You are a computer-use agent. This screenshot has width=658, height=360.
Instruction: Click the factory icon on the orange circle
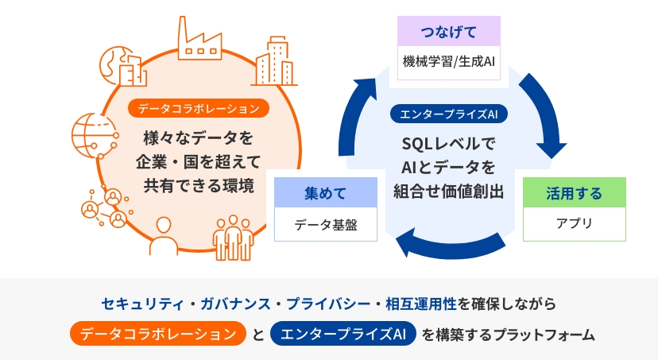(x=199, y=39)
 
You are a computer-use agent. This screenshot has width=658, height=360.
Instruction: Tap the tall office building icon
(x=274, y=61)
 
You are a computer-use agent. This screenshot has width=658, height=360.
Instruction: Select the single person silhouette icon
(x=163, y=236)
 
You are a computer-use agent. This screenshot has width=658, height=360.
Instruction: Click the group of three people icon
(x=233, y=238)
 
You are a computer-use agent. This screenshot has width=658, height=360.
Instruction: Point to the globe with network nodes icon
(x=95, y=135)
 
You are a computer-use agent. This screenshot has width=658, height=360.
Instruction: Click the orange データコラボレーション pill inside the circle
(x=199, y=108)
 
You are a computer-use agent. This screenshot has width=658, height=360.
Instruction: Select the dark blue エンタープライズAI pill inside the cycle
(x=448, y=114)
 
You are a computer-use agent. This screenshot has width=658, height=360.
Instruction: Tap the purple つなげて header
(x=448, y=32)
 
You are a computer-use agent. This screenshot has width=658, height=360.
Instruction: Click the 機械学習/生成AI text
(x=448, y=62)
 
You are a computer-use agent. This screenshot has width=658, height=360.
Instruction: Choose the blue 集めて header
(x=326, y=192)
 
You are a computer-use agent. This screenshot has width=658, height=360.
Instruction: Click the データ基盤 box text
(x=326, y=225)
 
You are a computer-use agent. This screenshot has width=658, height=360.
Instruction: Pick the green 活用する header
(x=574, y=192)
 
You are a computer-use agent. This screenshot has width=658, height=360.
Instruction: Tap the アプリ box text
(x=574, y=223)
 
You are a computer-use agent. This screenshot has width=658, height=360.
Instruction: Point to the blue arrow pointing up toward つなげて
(x=350, y=118)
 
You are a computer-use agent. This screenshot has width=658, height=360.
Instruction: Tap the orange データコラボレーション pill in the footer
(x=158, y=334)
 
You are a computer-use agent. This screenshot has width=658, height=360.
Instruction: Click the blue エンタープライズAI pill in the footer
(x=343, y=334)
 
